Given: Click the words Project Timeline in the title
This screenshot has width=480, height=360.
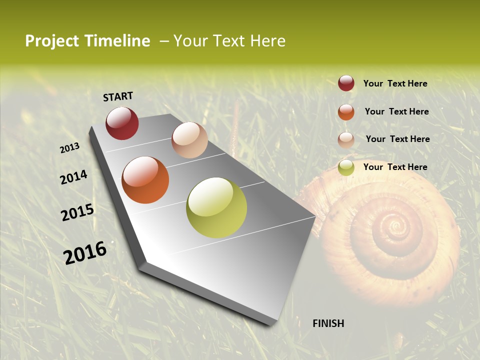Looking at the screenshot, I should (x=87, y=41).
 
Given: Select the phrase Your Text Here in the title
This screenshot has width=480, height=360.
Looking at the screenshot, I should (x=229, y=41).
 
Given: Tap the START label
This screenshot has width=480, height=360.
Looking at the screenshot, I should (x=118, y=96).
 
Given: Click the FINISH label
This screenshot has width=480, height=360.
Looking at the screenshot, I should (x=328, y=323).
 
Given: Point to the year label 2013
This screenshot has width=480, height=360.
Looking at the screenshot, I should (x=69, y=147).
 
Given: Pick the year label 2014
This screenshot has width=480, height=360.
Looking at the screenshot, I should (x=73, y=177).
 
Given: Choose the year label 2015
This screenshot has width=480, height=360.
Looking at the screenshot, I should (x=77, y=212).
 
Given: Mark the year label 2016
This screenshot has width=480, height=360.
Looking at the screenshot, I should (x=85, y=252).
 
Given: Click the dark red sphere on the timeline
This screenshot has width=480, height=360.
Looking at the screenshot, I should (x=122, y=123).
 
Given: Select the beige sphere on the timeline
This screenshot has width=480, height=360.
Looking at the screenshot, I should (x=189, y=140).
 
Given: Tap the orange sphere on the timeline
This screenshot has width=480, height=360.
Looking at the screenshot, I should (x=145, y=180).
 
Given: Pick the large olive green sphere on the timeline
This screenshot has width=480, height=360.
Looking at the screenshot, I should (x=216, y=207).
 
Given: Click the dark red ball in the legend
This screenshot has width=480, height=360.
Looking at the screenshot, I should (x=346, y=83).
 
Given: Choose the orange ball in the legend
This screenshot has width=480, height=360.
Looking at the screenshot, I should (x=346, y=112).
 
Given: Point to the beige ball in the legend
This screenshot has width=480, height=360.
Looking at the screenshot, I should (x=346, y=140).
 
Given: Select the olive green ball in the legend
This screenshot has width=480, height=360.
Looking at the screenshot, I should (x=346, y=167).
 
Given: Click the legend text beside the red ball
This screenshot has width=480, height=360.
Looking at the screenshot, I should (x=395, y=83).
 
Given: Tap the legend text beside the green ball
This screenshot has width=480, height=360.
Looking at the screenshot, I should (x=395, y=167).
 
